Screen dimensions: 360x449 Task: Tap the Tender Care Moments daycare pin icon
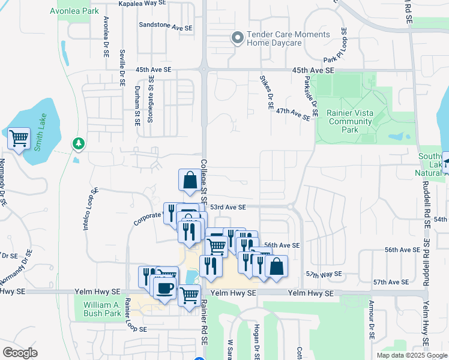(x=237, y=38)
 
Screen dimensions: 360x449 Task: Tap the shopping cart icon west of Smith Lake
(x=19, y=138)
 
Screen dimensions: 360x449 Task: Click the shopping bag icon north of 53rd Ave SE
(x=190, y=179)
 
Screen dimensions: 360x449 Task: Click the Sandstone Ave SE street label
(x=166, y=28)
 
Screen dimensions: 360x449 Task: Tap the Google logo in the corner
(x=20, y=353)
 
